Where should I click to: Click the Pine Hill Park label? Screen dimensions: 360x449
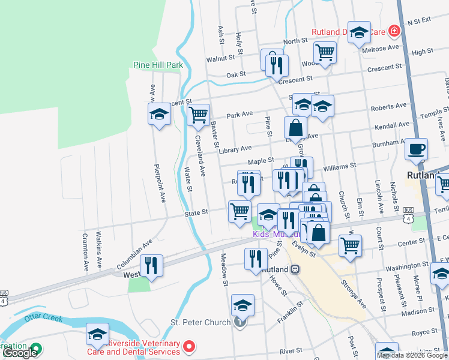(157, 64)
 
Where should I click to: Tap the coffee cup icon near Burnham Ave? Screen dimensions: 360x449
(416, 149)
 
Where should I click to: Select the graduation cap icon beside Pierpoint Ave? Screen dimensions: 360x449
(160, 114)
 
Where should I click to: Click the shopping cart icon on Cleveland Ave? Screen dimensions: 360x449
(198, 114)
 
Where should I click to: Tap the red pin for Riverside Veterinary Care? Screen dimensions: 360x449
(189, 346)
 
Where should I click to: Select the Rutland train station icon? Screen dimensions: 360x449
(295, 269)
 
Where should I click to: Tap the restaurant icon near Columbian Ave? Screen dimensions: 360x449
(151, 265)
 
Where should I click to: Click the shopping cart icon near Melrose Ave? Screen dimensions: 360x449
(325, 52)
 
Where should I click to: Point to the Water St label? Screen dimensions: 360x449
(189, 181)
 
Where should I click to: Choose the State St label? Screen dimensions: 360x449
(196, 212)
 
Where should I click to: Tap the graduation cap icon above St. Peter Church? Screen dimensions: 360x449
(243, 305)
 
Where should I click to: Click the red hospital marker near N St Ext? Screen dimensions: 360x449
(394, 29)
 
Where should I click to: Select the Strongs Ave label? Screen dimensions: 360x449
(354, 292)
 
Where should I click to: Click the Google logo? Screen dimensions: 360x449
(20, 353)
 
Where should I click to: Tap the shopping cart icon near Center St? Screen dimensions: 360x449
(349, 244)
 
